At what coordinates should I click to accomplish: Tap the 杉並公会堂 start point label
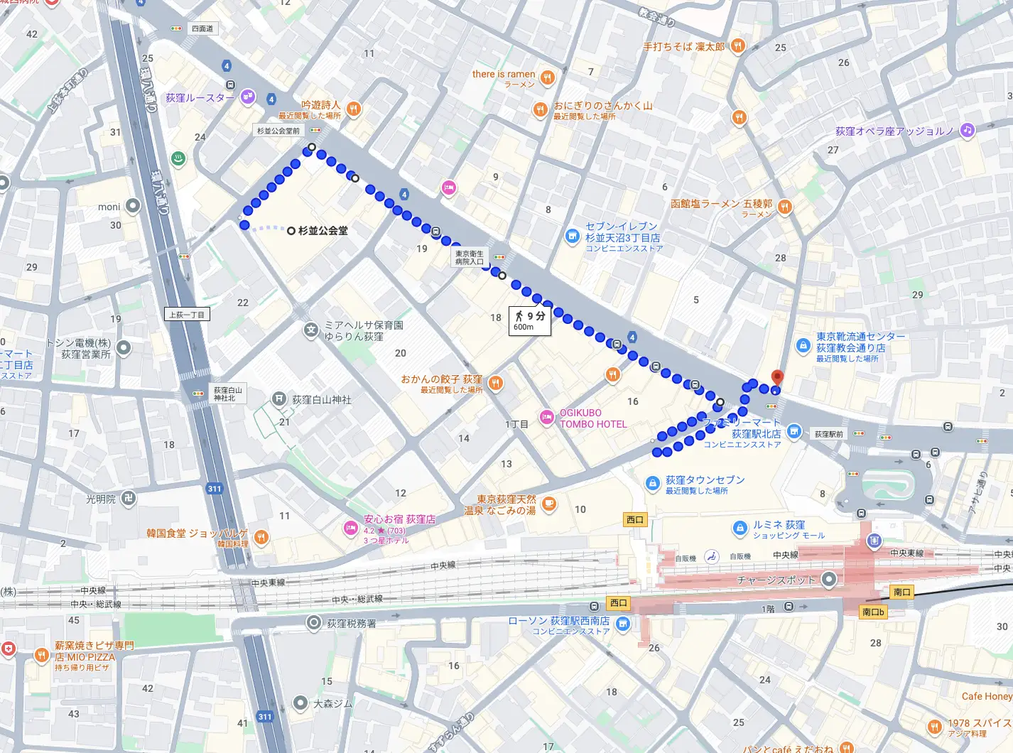click(x=323, y=231)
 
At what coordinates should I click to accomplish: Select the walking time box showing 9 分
click(x=530, y=320)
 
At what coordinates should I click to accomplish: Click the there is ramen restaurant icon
click(x=547, y=78)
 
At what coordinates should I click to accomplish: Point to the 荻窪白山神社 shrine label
click(x=321, y=400)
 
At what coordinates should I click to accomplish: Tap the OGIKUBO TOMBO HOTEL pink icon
click(x=546, y=418)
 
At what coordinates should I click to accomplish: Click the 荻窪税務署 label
click(x=351, y=624)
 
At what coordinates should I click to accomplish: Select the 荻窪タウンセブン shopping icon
click(x=652, y=484)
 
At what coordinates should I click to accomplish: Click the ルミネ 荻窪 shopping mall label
click(x=779, y=525)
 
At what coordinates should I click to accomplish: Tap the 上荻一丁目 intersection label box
click(x=187, y=314)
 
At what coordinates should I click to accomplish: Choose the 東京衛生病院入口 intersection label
click(x=469, y=257)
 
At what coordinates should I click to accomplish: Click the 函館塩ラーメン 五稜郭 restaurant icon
click(x=784, y=207)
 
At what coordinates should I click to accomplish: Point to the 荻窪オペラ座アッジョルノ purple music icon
click(x=966, y=130)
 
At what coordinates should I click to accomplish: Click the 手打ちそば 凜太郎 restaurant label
click(x=683, y=47)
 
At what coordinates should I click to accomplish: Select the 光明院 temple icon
click(x=129, y=499)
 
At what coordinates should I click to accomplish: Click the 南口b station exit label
click(x=873, y=612)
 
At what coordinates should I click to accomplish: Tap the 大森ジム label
click(x=332, y=704)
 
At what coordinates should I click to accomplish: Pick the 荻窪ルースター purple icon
click(x=247, y=97)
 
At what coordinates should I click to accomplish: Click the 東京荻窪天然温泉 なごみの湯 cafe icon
click(x=548, y=504)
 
